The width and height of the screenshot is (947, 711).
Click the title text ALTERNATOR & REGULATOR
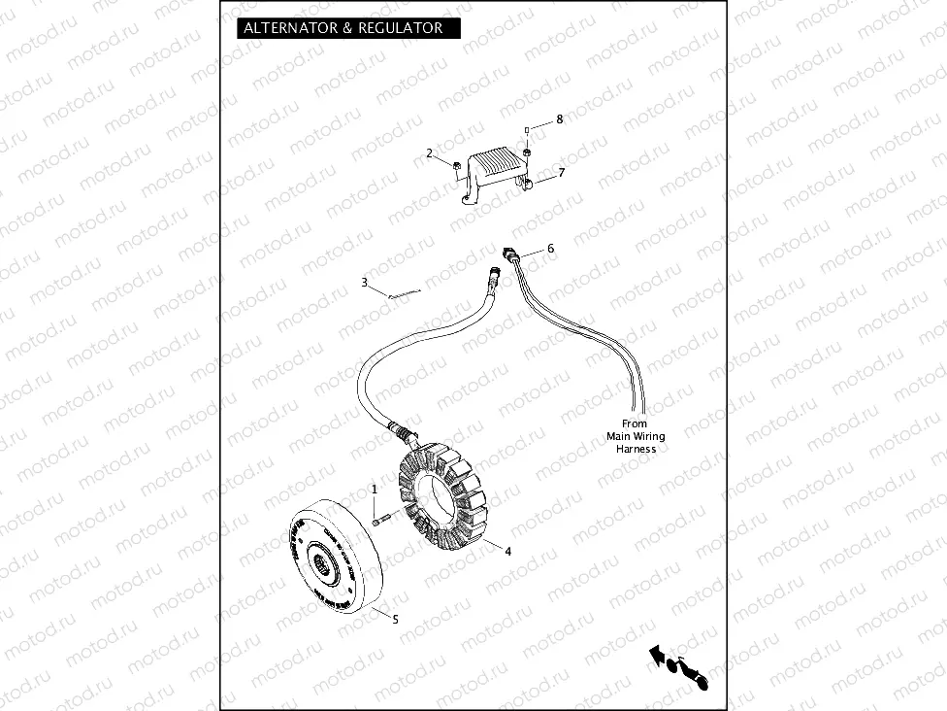343,28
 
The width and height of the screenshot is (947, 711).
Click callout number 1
374,488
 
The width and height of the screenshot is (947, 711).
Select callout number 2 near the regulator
429,153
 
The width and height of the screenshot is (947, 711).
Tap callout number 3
364,283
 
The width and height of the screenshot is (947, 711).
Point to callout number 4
507,552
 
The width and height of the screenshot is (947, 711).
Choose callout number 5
394,618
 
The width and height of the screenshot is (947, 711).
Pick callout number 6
550,249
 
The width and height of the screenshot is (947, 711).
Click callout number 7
560,172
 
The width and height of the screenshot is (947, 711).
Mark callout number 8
559,119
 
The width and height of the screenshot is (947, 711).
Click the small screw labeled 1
379,522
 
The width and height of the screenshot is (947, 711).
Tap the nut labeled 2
454,164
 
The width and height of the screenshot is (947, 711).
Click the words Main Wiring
636,436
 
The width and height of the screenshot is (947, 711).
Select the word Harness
636,449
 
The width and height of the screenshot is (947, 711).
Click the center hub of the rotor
321,559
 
